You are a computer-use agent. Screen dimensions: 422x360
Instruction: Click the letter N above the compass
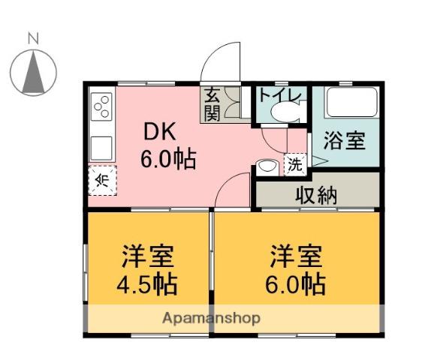tap(33, 38)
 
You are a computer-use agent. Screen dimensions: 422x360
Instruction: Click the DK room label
tap(160, 131)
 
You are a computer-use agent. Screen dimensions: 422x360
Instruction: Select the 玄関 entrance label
tap(212, 104)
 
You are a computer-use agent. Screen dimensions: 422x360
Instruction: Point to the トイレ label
tap(280, 95)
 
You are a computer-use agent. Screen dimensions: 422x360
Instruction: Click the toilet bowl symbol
tap(286, 112)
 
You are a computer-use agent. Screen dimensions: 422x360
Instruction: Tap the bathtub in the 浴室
tap(351, 102)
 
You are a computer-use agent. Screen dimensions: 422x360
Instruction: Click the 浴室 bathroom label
tap(345, 140)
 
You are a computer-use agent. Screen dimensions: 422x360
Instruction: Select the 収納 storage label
tap(316, 195)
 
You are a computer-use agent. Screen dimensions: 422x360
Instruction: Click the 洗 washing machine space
tap(295, 164)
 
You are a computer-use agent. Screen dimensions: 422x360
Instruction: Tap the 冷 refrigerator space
tap(103, 181)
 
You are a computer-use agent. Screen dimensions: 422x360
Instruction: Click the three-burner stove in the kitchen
tap(101, 106)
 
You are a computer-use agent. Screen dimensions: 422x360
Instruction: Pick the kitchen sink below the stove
tap(101, 148)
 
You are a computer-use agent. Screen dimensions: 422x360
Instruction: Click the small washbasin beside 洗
tap(267, 166)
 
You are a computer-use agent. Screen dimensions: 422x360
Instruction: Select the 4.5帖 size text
tap(147, 284)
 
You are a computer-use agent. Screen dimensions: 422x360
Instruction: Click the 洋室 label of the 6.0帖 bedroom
tap(296, 256)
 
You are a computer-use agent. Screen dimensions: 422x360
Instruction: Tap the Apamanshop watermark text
tap(211, 319)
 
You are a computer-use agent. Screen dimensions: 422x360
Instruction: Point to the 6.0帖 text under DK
tap(168, 159)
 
